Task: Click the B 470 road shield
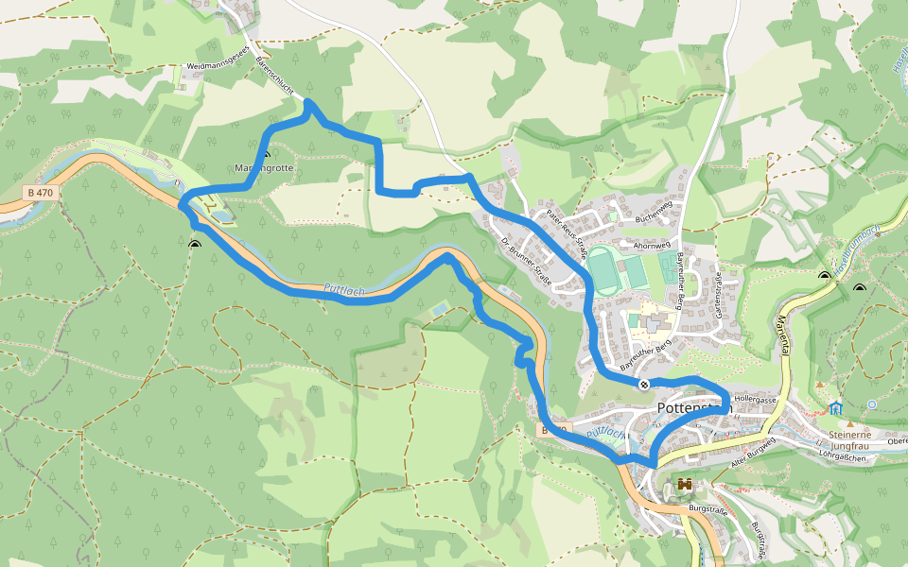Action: click(x=40, y=193)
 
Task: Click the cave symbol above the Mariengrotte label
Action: click(x=266, y=154)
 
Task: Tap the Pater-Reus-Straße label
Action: click(x=567, y=234)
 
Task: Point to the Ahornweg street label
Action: click(x=652, y=244)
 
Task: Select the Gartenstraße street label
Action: click(x=719, y=292)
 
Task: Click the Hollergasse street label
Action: click(x=755, y=400)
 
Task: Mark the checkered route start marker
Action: click(x=643, y=384)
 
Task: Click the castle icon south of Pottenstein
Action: click(x=685, y=485)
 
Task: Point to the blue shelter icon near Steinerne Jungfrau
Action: click(x=836, y=408)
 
